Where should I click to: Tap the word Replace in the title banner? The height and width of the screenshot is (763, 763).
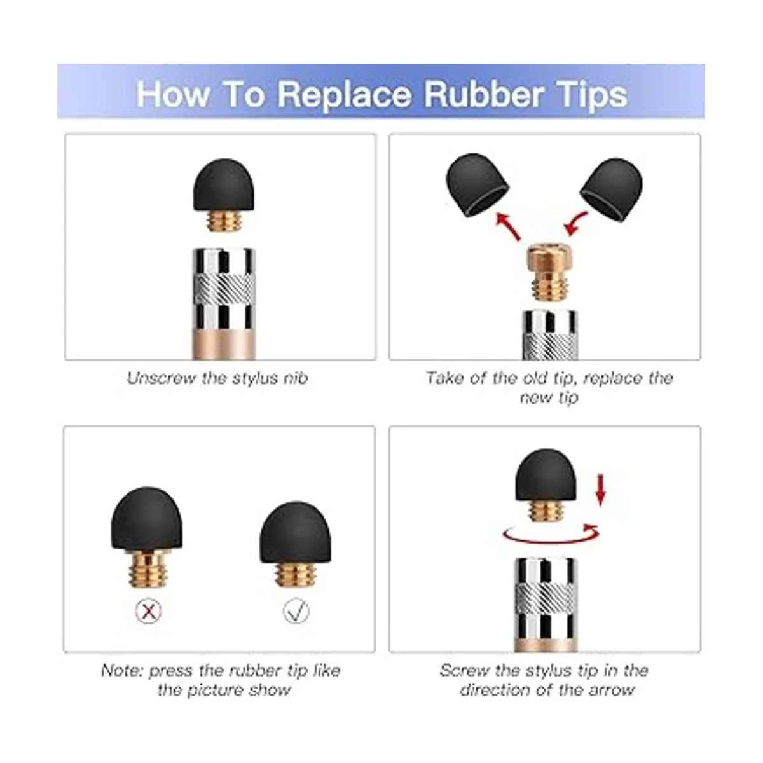345,95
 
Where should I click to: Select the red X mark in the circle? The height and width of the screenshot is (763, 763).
149,612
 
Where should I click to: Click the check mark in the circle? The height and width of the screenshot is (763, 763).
296,612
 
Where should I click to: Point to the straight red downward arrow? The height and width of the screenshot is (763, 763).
601,491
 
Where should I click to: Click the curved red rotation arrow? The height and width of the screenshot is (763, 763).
551,535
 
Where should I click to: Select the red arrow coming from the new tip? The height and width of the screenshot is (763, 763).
575,223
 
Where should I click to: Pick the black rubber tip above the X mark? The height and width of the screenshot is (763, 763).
146,518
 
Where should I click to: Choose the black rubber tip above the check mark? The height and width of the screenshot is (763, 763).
296,532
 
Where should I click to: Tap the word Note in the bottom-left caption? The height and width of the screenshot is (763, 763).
121,670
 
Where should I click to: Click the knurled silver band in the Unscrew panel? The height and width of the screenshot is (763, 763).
224,289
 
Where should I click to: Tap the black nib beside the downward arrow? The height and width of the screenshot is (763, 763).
546,474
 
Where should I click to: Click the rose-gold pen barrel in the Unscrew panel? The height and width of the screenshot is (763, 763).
224,344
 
